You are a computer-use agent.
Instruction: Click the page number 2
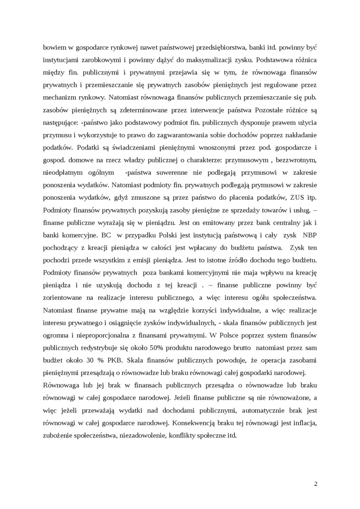tap(315, 483)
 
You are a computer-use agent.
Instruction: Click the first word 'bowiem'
tap(54, 48)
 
